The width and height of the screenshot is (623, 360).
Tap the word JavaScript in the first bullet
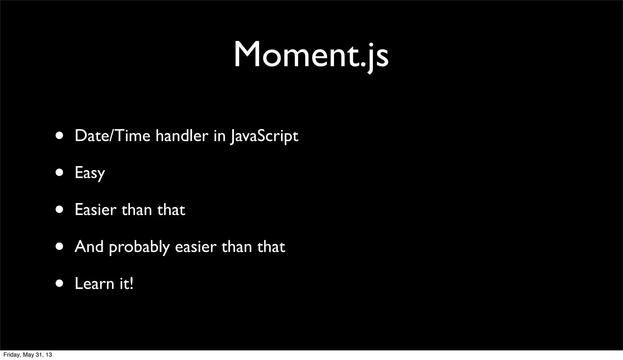[x=264, y=136]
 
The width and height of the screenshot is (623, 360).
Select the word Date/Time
[x=112, y=136]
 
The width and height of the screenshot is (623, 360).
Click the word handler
[x=182, y=136]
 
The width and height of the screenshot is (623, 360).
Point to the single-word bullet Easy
[x=90, y=173]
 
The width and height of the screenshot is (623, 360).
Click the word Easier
[x=95, y=210]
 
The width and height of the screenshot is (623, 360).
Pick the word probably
[x=139, y=247]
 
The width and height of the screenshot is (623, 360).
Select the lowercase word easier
[x=196, y=247]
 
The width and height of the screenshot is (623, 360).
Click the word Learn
[x=94, y=284]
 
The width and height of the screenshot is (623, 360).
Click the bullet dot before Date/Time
[x=60, y=136]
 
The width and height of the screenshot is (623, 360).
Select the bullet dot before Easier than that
[x=60, y=209]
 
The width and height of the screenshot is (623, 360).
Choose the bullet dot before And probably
[x=60, y=247]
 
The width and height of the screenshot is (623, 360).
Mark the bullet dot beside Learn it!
[x=60, y=284]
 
